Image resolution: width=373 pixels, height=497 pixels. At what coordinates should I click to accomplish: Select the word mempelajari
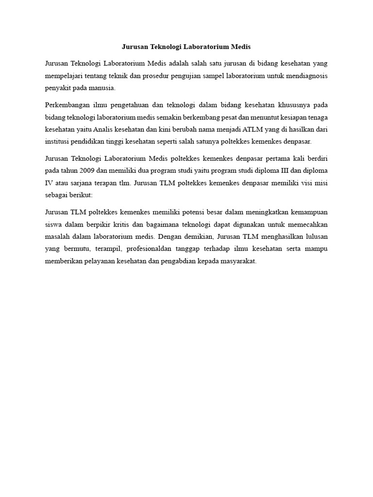pyautogui.click(x=63, y=76)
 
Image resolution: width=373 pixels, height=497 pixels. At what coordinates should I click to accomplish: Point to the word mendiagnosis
pyautogui.click(x=306, y=76)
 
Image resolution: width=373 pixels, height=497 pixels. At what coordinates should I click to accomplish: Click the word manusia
pyautogui.click(x=102, y=88)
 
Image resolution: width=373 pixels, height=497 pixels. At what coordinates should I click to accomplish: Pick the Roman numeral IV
pyautogui.click(x=48, y=183)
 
